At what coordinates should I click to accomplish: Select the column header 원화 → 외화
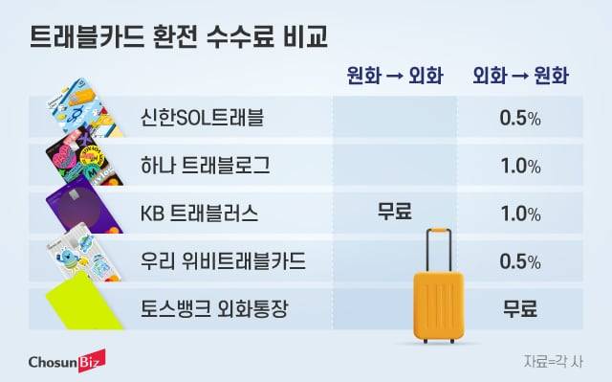tap(395, 79)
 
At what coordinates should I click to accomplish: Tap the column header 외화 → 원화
tap(519, 79)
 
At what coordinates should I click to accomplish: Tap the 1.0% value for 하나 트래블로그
tap(520, 166)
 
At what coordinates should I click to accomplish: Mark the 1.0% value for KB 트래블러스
tap(520, 213)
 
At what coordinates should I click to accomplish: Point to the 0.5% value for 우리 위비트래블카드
tap(520, 260)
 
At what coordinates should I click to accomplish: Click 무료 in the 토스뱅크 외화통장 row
tap(520, 308)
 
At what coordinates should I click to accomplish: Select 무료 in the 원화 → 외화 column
tap(395, 213)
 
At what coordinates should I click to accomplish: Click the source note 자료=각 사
tap(553, 361)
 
